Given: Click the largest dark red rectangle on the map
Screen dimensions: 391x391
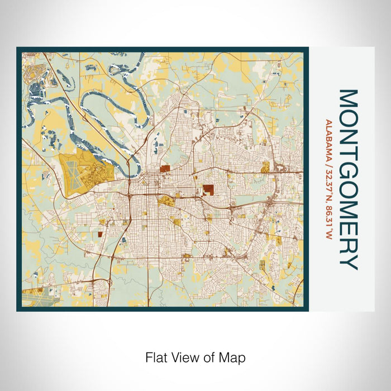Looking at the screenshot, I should click(208, 189).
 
